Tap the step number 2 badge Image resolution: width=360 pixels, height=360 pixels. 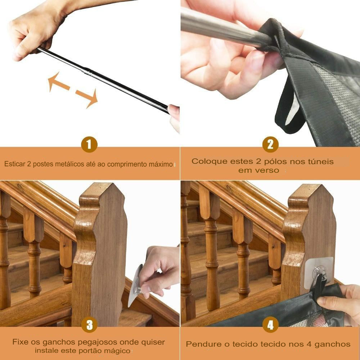270,145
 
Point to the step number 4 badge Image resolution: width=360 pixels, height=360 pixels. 270,325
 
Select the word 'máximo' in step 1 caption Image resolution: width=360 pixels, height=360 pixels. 161,164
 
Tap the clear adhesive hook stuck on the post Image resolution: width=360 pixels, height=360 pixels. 318,273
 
